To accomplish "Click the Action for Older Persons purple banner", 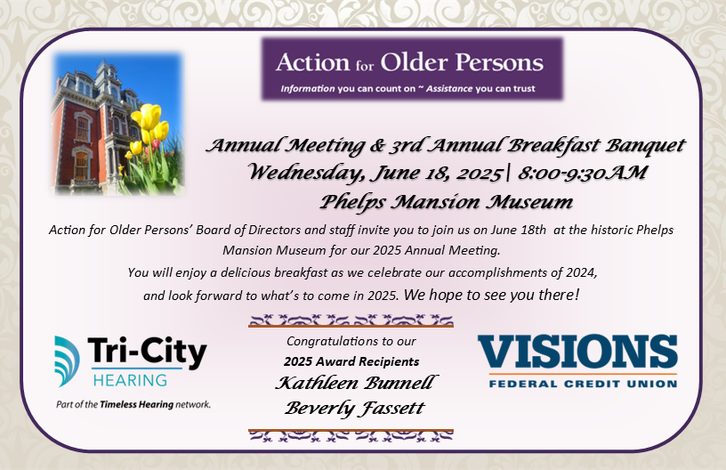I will [x=412, y=68].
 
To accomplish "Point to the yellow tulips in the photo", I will [x=148, y=127].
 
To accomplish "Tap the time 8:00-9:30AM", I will [x=574, y=172].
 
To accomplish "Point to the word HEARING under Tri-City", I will [x=130, y=380].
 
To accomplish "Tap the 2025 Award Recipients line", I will [x=352, y=361].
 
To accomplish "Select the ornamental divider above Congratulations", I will [x=351, y=320].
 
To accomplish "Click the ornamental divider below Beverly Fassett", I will [x=351, y=434].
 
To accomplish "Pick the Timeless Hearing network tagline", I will [x=133, y=403].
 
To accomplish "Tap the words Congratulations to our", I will [x=351, y=341].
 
